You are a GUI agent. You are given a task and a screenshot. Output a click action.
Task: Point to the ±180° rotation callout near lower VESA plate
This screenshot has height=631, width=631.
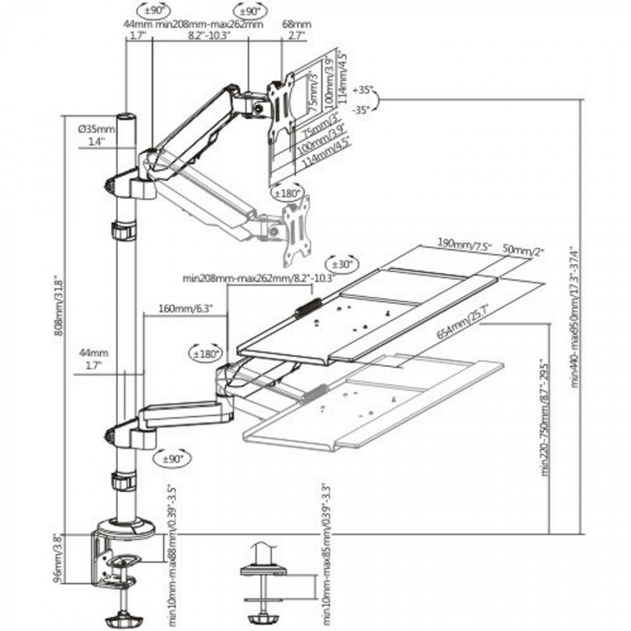287,194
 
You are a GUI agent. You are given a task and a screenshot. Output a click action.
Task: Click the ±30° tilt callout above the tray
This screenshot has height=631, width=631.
342,264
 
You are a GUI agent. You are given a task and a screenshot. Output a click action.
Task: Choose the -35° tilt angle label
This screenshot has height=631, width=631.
362,109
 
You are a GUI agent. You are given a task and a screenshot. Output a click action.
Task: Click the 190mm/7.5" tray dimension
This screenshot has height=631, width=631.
464,243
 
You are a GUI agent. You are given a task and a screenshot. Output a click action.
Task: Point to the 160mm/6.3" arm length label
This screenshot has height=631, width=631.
185,309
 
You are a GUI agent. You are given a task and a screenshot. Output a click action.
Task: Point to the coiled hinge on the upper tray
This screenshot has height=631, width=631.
308,308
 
